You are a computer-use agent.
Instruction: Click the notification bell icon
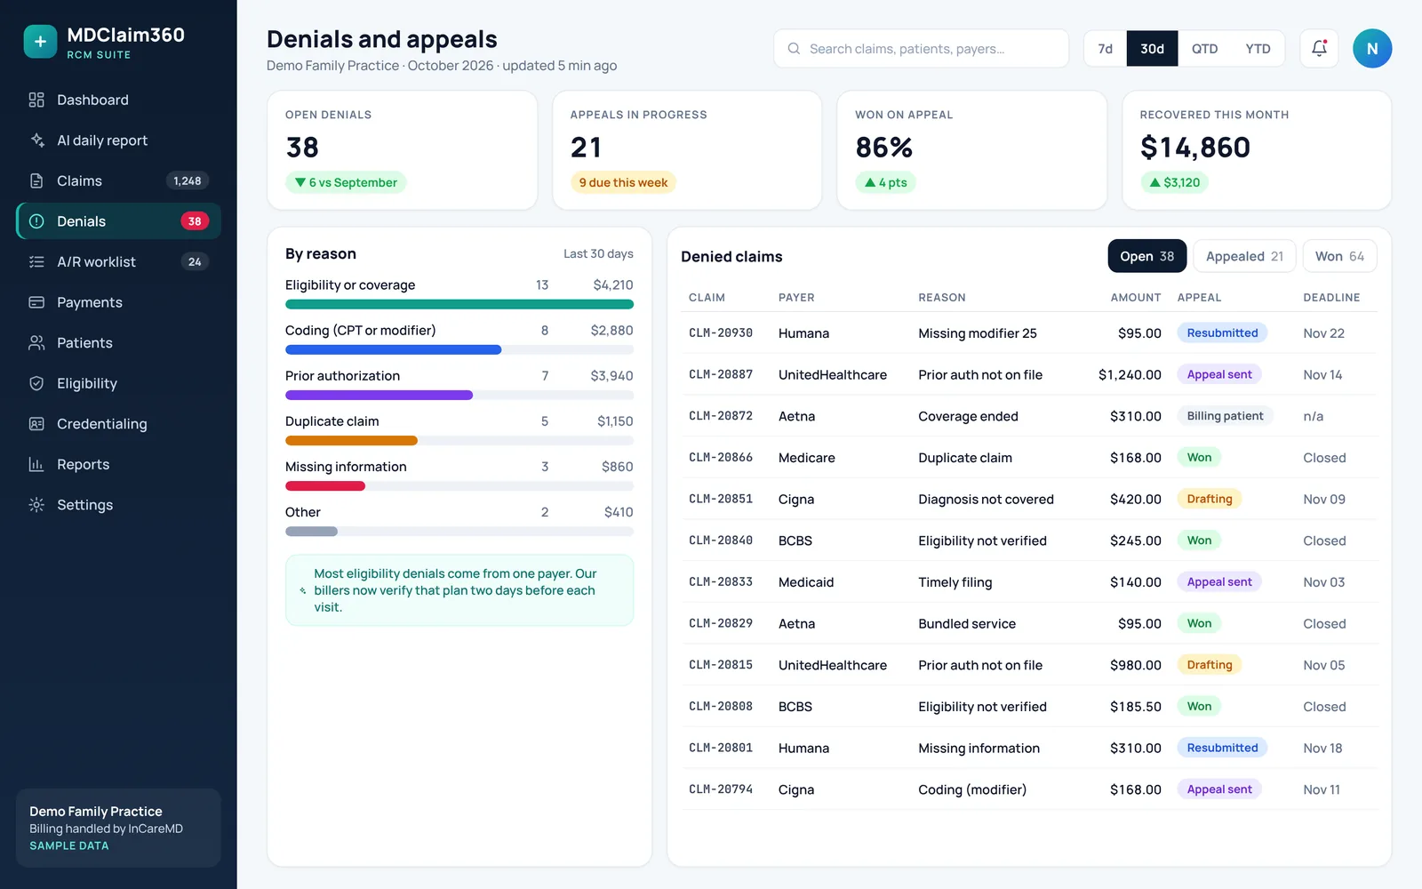[x=1319, y=48]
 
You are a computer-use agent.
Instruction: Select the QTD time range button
[x=1204, y=48]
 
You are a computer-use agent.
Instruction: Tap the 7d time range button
[x=1106, y=48]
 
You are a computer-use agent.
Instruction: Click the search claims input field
[x=921, y=48]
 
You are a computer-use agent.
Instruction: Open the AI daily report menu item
[x=102, y=140]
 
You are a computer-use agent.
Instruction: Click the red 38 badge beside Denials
[x=195, y=221]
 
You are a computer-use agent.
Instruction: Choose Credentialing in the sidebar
[x=102, y=423]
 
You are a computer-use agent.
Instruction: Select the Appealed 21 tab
[x=1244, y=256]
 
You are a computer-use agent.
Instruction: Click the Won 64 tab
[x=1339, y=256]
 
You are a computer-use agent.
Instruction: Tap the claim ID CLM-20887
[x=721, y=374]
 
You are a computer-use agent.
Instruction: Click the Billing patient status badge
[x=1225, y=416]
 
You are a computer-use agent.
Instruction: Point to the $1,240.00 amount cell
[x=1130, y=374]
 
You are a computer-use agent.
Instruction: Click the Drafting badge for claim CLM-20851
[x=1210, y=499]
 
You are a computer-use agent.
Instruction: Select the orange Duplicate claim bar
[x=351, y=441]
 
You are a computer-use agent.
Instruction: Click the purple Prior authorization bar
[x=379, y=395]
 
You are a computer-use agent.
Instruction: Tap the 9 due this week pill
[x=623, y=182]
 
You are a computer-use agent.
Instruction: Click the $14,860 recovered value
[x=1194, y=148]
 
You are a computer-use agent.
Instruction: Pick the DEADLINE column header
[x=1331, y=297]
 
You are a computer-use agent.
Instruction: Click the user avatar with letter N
[x=1372, y=48]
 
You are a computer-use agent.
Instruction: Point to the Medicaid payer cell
[x=805, y=582]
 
